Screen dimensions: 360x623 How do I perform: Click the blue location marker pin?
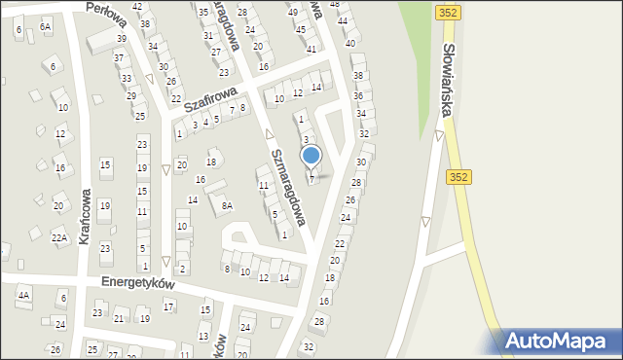[x=311, y=156]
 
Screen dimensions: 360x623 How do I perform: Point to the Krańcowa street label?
[x=107, y=215]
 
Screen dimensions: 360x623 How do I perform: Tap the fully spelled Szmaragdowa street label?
[x=289, y=187]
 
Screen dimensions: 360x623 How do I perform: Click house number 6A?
[x=46, y=27]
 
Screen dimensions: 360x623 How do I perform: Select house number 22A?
[x=59, y=237]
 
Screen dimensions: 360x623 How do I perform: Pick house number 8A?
[x=226, y=205]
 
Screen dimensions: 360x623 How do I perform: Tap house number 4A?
[x=24, y=294]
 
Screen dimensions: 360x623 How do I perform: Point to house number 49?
[x=293, y=12]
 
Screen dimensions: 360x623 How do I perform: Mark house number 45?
[x=301, y=29]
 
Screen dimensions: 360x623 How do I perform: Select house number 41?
[x=311, y=48]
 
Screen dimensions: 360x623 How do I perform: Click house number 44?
[x=342, y=20]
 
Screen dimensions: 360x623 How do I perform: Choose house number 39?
[x=122, y=39]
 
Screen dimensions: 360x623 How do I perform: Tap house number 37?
[x=119, y=58]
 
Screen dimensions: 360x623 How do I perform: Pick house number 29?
[x=130, y=95]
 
